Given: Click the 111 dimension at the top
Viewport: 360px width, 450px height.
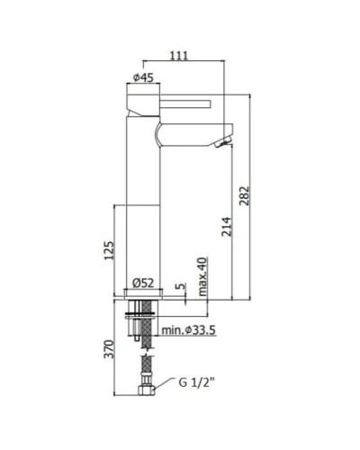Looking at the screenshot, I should [x=179, y=56].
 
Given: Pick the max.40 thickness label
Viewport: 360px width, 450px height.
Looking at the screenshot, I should [x=202, y=274].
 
